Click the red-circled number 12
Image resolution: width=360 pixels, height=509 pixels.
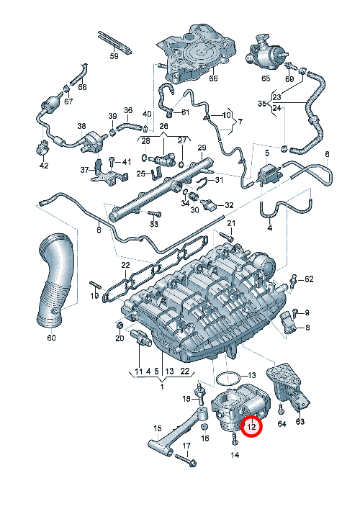pos(251,426)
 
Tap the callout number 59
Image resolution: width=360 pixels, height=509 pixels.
pos(114,56)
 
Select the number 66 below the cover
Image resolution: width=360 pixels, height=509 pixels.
pos(213,78)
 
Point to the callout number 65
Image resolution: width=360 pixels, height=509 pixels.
pos(266,78)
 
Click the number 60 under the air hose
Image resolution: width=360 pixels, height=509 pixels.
pos(51,338)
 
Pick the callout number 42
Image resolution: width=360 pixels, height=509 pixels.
pos(44,166)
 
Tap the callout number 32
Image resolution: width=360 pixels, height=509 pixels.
pos(229,205)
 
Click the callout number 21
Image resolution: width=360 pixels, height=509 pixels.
pos(231,223)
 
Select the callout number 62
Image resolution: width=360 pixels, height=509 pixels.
pos(309,279)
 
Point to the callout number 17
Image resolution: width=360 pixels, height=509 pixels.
pos(186,446)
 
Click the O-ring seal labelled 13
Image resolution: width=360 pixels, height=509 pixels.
pos(228,379)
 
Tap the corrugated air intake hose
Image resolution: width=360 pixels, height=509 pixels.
pos(55,279)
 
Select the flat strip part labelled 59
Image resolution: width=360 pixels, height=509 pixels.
pos(115,42)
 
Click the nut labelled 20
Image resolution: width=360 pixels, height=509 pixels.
pos(120,325)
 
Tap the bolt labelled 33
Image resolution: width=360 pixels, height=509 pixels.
pos(155,214)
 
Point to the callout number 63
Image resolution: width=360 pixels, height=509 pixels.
pos(300,421)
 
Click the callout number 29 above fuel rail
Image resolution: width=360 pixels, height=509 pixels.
pos(202,148)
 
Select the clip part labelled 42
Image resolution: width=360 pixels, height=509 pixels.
pos(42,147)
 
